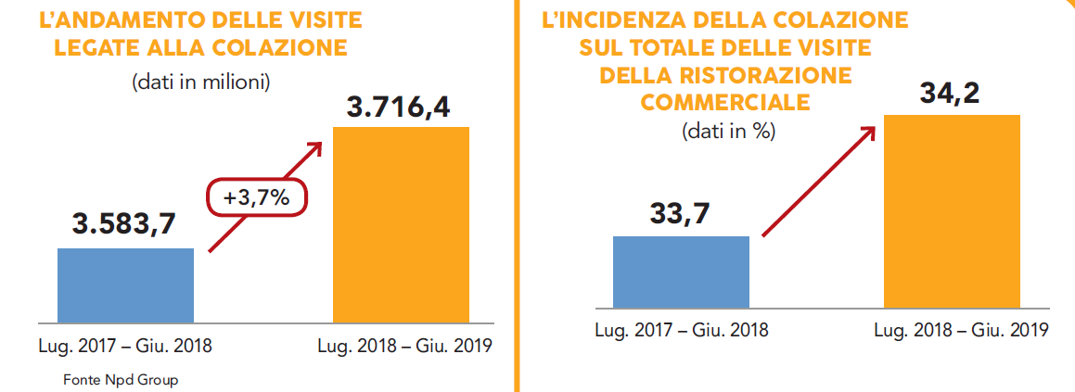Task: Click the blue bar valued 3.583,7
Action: point(125,285)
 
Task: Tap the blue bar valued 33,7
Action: point(681,272)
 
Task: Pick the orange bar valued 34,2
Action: point(952,210)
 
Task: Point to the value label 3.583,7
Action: point(124,224)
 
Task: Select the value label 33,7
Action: point(680,214)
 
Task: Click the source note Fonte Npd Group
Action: point(121,380)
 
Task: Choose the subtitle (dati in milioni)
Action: point(201,82)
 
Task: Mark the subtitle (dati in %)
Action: point(729,131)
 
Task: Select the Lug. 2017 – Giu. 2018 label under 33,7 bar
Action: point(682,330)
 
